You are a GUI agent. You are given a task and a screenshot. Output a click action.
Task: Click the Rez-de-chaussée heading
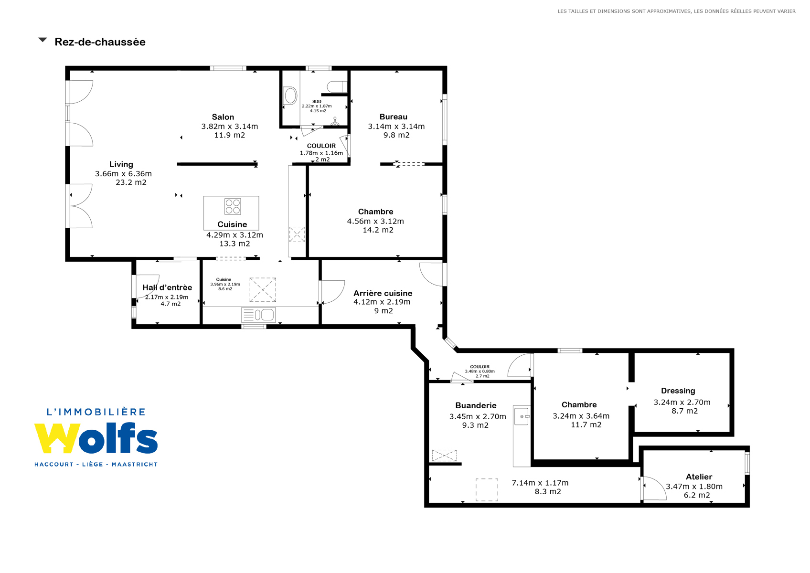click(100, 42)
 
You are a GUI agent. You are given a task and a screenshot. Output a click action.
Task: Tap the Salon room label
click(223, 117)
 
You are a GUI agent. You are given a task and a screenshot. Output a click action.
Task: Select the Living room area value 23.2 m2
click(131, 182)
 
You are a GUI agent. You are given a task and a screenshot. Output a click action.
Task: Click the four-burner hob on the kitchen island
click(233, 206)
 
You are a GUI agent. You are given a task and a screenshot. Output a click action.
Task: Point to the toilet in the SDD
click(337, 87)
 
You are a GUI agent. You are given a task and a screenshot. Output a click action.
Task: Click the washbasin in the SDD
click(290, 96)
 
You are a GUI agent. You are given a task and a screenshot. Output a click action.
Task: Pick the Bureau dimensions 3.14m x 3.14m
click(396, 126)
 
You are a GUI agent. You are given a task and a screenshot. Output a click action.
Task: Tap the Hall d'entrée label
click(167, 287)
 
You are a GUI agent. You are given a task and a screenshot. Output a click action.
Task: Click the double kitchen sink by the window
click(258, 315)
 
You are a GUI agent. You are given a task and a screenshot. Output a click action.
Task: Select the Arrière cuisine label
click(383, 293)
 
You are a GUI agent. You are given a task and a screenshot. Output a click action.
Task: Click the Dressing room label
click(678, 391)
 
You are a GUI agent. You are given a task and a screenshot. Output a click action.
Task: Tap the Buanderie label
click(476, 405)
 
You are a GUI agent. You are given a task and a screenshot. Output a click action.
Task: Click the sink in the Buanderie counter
click(522, 416)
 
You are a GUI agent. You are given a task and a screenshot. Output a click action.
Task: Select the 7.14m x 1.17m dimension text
click(540, 483)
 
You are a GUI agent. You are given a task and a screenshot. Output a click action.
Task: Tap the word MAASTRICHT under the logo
click(135, 464)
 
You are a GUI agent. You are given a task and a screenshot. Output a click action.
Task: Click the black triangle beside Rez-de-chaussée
click(43, 40)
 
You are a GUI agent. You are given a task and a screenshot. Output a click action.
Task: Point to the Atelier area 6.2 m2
click(697, 495)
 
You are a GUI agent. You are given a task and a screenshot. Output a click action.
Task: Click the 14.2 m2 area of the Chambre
click(378, 230)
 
